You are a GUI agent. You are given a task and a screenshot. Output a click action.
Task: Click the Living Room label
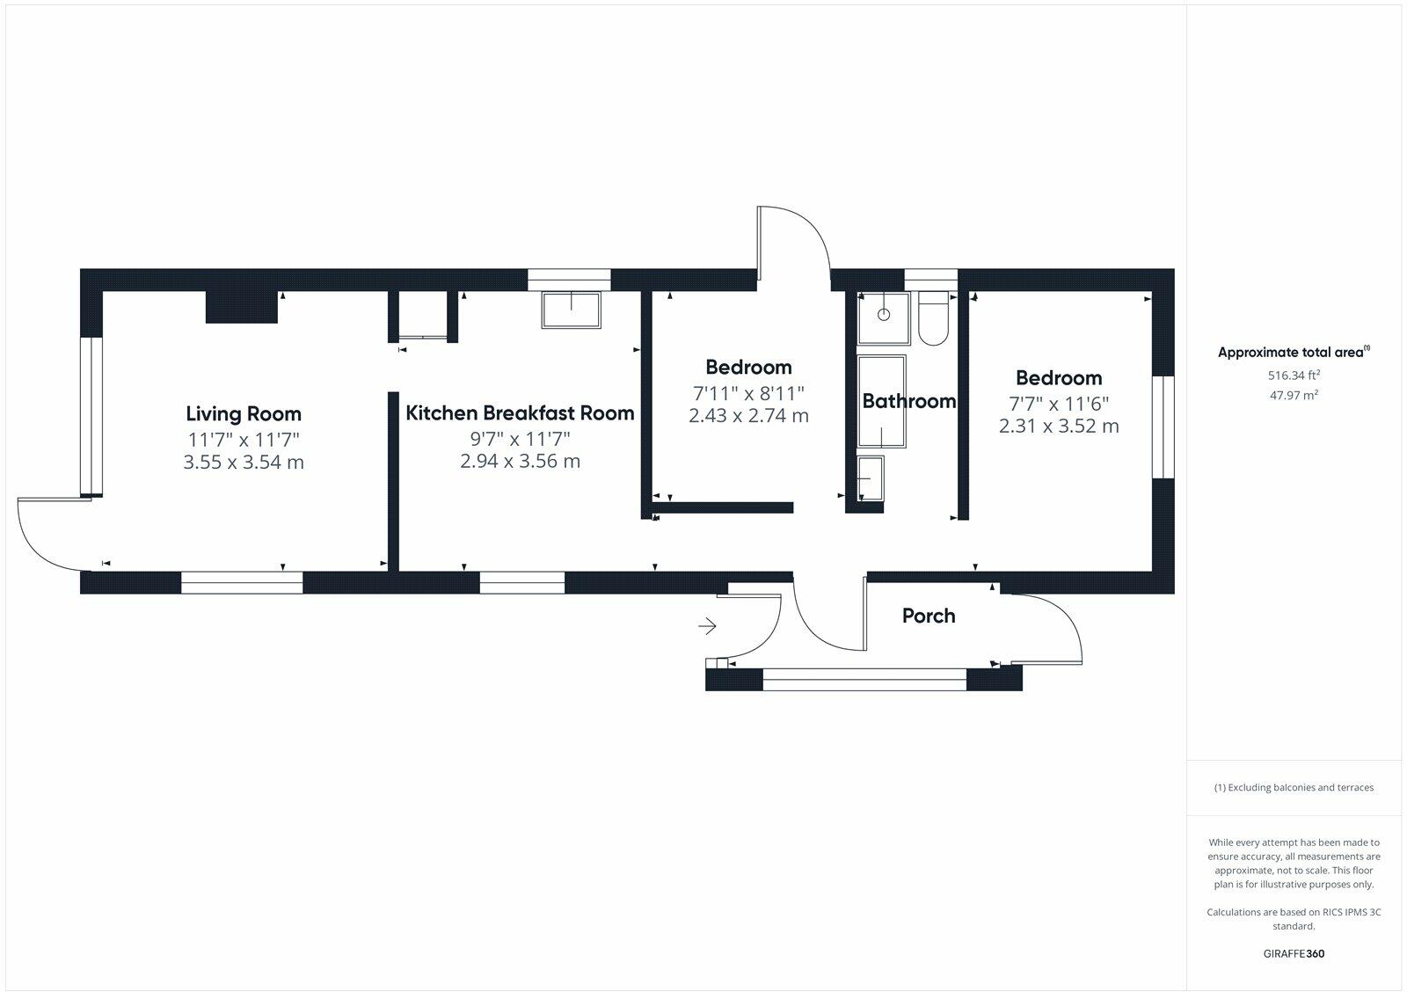tap(244, 413)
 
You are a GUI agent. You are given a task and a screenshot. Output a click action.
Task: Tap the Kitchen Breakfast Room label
tap(520, 412)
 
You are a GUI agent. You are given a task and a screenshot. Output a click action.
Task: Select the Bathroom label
tap(908, 401)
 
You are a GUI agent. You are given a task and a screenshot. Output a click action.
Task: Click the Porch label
tap(929, 616)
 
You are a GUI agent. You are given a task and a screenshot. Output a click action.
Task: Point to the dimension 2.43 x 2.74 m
tap(748, 416)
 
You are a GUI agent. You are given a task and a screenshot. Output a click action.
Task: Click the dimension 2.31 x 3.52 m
tap(1059, 427)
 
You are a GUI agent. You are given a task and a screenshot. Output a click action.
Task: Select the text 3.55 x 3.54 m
tap(244, 463)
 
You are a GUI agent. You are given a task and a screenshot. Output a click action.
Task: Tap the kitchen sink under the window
tap(572, 310)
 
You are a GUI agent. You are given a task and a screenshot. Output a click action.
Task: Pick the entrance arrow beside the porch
tap(707, 626)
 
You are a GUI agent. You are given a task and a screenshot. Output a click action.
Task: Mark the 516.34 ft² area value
tap(1294, 376)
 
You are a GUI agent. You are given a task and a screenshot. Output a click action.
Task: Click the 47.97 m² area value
tap(1294, 396)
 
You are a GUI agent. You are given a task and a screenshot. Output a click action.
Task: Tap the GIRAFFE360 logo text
tap(1294, 953)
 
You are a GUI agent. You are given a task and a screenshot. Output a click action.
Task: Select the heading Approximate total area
tap(1290, 353)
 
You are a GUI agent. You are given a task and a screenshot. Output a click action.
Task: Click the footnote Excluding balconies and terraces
tap(1294, 788)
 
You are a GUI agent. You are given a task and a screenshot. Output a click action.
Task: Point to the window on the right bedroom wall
tap(1163, 427)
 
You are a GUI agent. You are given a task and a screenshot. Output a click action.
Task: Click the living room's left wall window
tap(91, 416)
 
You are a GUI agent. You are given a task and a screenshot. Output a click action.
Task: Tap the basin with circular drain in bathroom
tap(884, 315)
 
